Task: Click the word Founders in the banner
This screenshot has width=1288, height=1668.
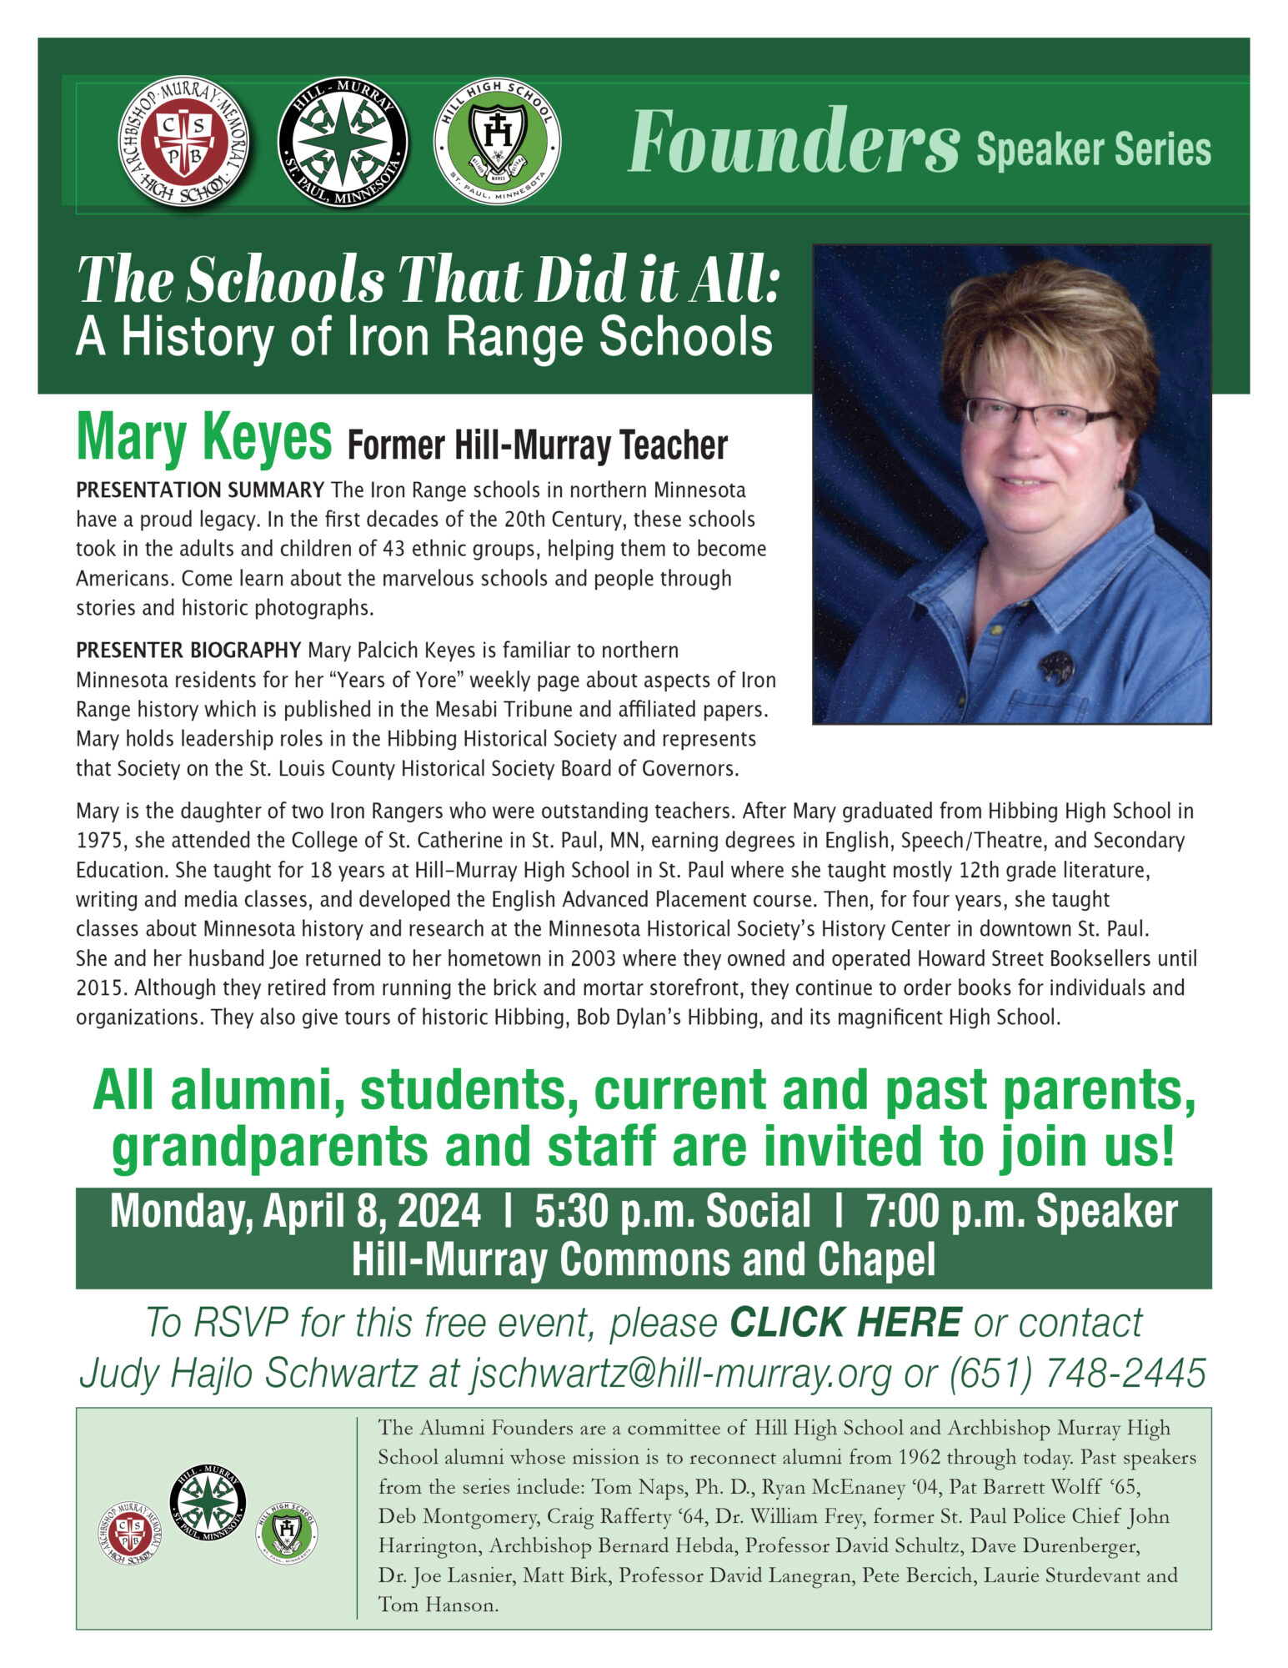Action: (x=793, y=142)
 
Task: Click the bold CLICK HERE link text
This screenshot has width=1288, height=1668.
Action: (x=845, y=1323)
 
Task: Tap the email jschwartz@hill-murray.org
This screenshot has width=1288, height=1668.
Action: (x=680, y=1372)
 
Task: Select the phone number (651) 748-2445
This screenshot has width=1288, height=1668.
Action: (x=1077, y=1372)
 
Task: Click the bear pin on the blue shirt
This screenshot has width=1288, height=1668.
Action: (x=1056, y=666)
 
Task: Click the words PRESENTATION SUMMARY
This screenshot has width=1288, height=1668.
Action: (x=200, y=490)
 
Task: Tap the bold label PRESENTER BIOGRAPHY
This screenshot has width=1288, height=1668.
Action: (x=188, y=650)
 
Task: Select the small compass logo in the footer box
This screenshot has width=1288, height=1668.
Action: (x=208, y=1502)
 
